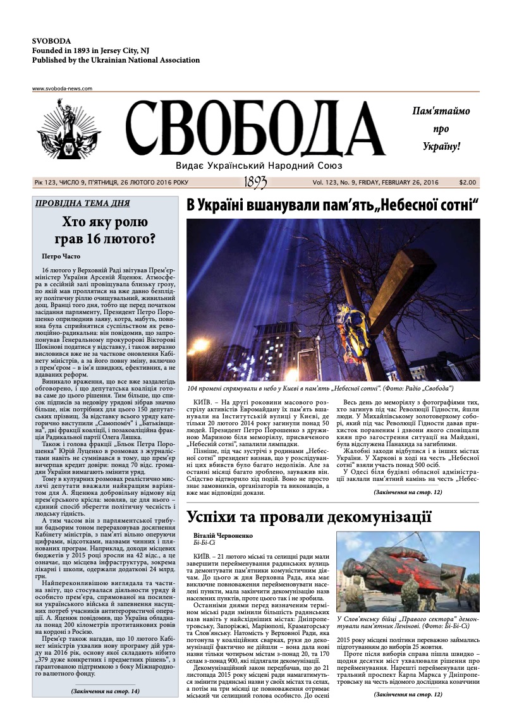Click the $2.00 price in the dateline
[467, 182]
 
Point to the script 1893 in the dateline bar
[255, 182]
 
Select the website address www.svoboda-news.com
[62, 88]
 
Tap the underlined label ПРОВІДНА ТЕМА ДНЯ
[83, 203]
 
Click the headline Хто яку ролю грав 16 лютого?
[105, 231]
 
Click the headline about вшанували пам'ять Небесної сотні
[332, 206]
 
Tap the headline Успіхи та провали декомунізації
[309, 517]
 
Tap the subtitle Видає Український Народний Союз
[259, 165]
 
